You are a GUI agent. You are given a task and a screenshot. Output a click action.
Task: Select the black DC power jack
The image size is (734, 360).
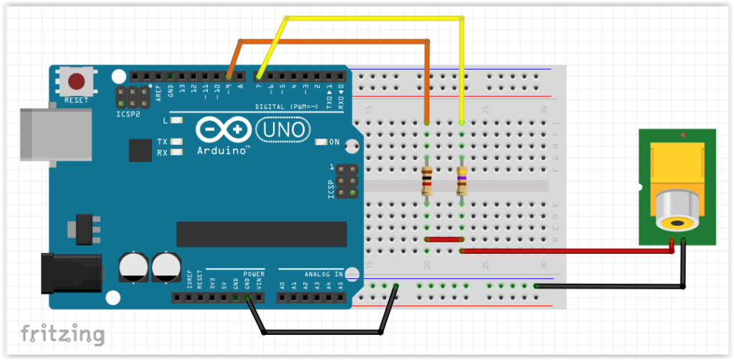[x=72, y=272]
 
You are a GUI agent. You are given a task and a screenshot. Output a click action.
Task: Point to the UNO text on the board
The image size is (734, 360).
[x=282, y=130]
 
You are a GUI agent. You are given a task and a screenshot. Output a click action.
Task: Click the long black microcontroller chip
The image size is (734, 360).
[x=261, y=234]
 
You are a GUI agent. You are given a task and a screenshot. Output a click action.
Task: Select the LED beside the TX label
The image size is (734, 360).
[x=176, y=141]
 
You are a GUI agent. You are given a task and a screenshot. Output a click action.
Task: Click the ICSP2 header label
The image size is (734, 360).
[x=128, y=113]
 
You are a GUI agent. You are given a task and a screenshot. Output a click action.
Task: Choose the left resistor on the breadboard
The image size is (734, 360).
[x=427, y=181]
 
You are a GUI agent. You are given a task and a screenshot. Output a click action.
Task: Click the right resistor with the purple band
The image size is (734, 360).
[x=462, y=181]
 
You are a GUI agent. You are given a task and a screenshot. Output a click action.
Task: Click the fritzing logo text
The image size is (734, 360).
[x=62, y=333]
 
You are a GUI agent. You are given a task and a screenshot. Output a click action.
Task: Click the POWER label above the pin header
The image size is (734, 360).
[x=253, y=274]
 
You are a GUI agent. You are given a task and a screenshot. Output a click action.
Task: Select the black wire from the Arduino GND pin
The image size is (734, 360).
[x=323, y=332]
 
